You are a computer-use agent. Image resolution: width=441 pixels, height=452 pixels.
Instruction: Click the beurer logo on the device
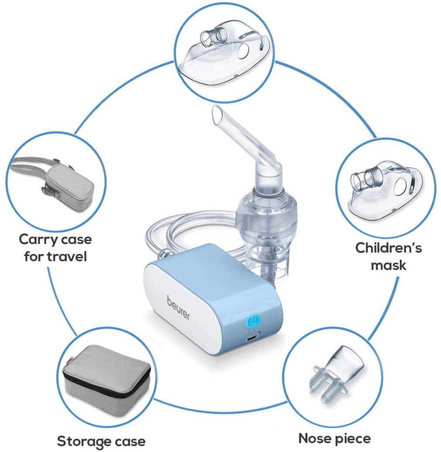point(178,308)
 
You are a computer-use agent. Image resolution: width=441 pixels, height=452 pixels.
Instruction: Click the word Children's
point(388,248)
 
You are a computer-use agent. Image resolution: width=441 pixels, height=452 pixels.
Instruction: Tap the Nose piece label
point(334,438)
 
